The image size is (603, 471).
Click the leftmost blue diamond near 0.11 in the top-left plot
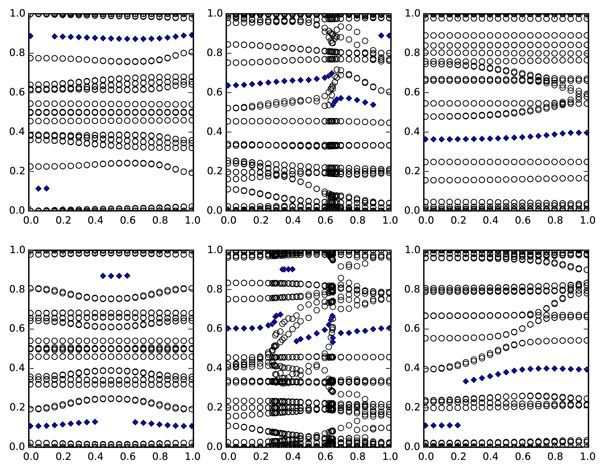pos(38,189)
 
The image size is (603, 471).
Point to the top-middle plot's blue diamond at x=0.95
pos(381,36)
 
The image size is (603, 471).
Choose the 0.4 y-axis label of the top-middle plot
pos(215,132)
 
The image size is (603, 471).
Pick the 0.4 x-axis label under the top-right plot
pos(490,221)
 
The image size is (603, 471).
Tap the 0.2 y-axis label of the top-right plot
pos(412,172)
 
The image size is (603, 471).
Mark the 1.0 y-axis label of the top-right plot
pos(412,14)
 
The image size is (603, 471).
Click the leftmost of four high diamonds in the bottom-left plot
pos(103,276)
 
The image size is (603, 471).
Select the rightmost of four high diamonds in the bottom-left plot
pos(127,276)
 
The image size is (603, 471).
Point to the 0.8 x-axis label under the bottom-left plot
pos(160,457)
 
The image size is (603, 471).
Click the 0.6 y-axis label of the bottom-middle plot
pos(215,329)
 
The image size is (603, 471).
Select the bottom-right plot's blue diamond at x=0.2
pos(458,425)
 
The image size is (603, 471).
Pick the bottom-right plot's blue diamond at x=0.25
pos(466,382)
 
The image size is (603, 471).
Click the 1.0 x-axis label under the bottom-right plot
pos(587,457)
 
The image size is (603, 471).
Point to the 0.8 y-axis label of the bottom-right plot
pos(412,290)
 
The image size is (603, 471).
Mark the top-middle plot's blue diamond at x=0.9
pos(373,105)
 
